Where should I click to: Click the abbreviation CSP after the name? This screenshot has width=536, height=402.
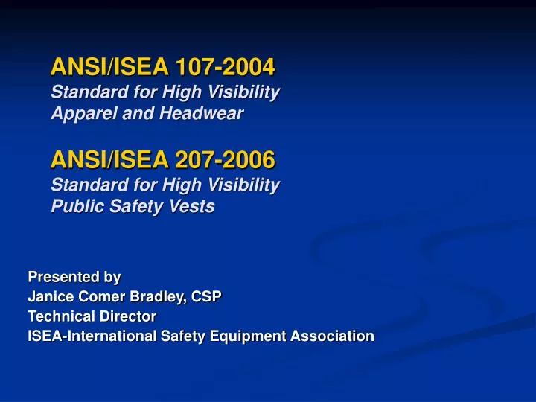point(206,296)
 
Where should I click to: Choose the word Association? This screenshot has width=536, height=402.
point(332,336)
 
